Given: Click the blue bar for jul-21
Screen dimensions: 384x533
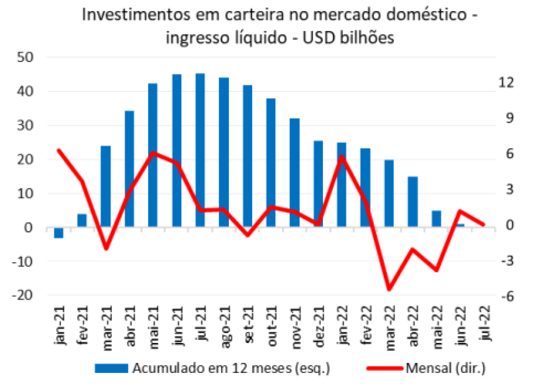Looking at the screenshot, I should [200, 150].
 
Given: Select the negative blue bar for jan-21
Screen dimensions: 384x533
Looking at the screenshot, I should [59, 232].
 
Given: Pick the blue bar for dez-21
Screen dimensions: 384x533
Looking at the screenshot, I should [318, 184].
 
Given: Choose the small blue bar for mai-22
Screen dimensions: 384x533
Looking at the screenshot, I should [436, 219].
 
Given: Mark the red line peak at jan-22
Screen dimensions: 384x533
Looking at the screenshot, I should [342, 156].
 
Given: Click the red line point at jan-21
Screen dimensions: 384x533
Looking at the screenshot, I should [59, 150].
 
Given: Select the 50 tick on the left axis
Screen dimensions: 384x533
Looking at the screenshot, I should [26, 57].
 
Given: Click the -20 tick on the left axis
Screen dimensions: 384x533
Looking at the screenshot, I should [24, 296].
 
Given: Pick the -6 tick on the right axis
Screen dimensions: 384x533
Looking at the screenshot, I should [507, 296].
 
